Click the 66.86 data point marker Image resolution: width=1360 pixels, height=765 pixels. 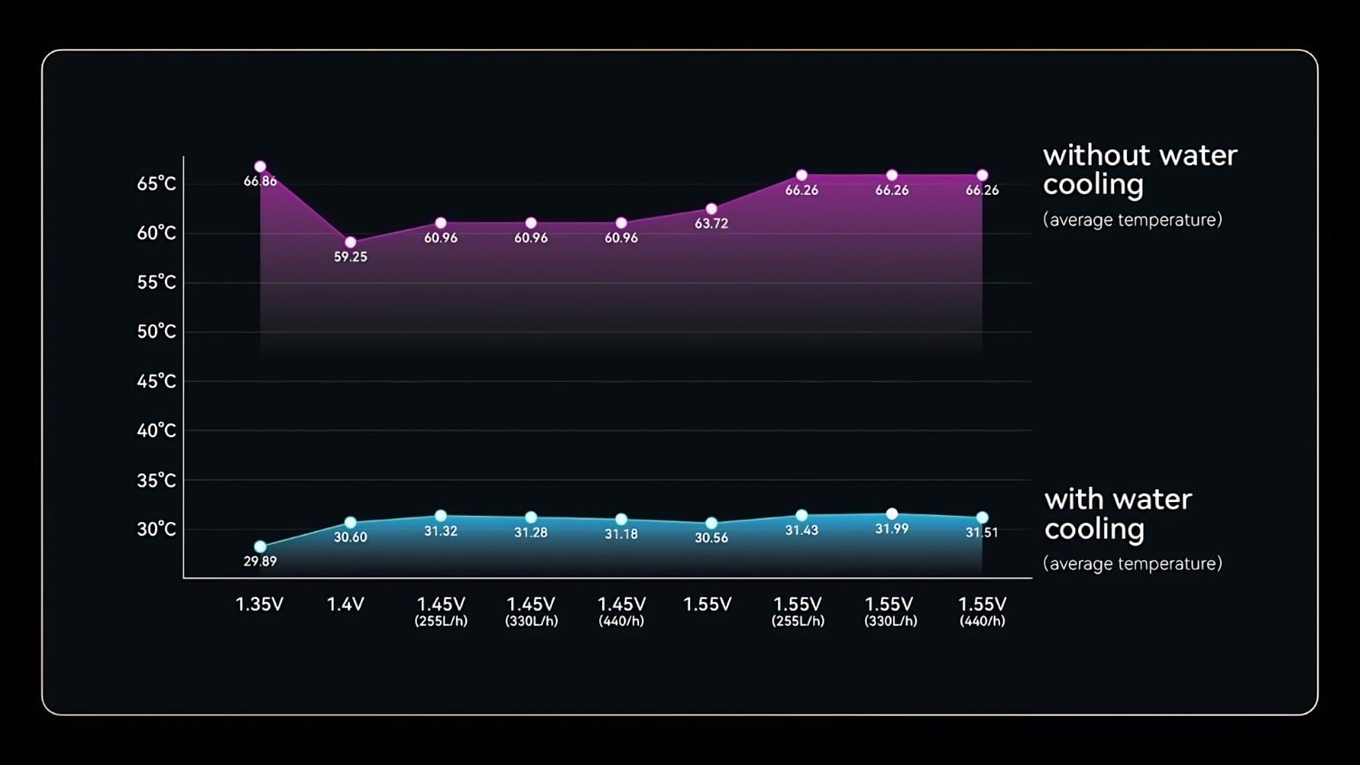point(260,167)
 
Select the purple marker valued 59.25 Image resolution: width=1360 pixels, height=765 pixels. point(350,243)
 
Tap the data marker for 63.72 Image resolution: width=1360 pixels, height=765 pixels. point(712,209)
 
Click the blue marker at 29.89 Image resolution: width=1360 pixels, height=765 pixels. point(260,547)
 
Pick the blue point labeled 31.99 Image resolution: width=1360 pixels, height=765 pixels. point(892,514)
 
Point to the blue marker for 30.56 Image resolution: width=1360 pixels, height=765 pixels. point(712,523)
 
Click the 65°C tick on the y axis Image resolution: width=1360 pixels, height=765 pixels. point(156,183)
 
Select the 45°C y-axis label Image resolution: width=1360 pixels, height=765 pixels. point(156,382)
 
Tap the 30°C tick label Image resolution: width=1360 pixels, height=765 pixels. point(156,529)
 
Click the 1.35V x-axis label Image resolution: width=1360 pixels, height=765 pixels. point(259,605)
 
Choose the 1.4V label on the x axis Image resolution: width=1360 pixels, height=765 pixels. point(345,605)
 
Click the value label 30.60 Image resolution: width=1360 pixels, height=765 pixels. point(350,537)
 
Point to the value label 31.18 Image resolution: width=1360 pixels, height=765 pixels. point(621,534)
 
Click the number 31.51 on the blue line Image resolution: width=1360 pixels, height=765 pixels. point(982,532)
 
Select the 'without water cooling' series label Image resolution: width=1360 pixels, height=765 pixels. point(1140,170)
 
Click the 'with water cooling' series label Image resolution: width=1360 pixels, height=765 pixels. point(1118,514)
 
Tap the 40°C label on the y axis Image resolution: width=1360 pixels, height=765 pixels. point(156,431)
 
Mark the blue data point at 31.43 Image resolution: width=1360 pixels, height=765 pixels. point(801,516)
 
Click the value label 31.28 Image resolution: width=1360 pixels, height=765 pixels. point(530,532)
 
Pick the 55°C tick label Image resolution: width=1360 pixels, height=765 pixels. point(156,282)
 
